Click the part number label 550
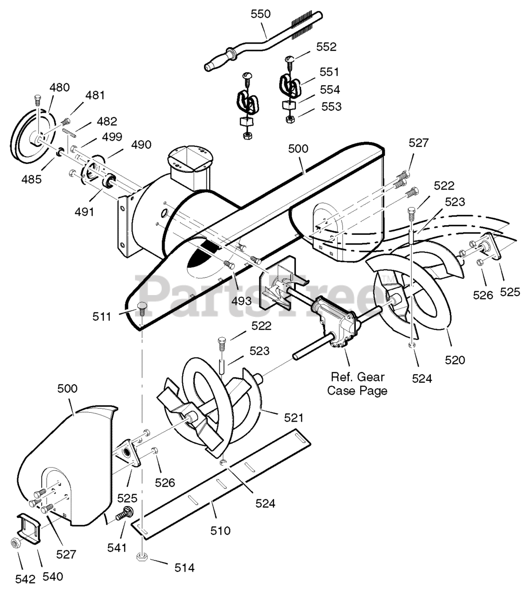pyautogui.click(x=261, y=14)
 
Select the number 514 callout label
pyautogui.click(x=185, y=568)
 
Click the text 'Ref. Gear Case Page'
pyautogui.click(x=357, y=384)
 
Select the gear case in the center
pyautogui.click(x=334, y=322)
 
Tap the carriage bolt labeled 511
pyautogui.click(x=141, y=308)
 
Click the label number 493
pyautogui.click(x=242, y=301)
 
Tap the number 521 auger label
pyautogui.click(x=294, y=418)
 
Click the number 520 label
pyautogui.click(x=455, y=360)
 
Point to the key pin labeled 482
pyautogui.click(x=69, y=132)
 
